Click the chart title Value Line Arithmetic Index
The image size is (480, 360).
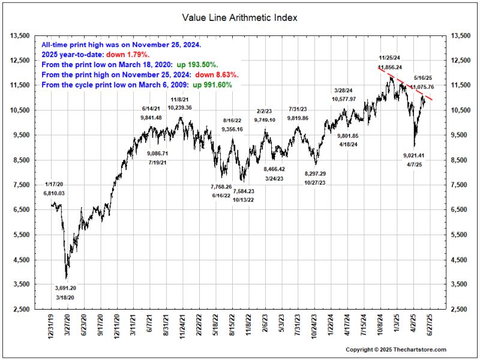(239, 18)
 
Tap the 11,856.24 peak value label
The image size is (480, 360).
(390, 67)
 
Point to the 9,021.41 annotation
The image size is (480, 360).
(414, 155)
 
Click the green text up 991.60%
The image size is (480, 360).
(212, 85)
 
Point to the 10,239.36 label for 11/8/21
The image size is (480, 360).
(180, 108)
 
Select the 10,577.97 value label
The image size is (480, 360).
(344, 99)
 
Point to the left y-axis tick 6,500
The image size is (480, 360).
(22, 209)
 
